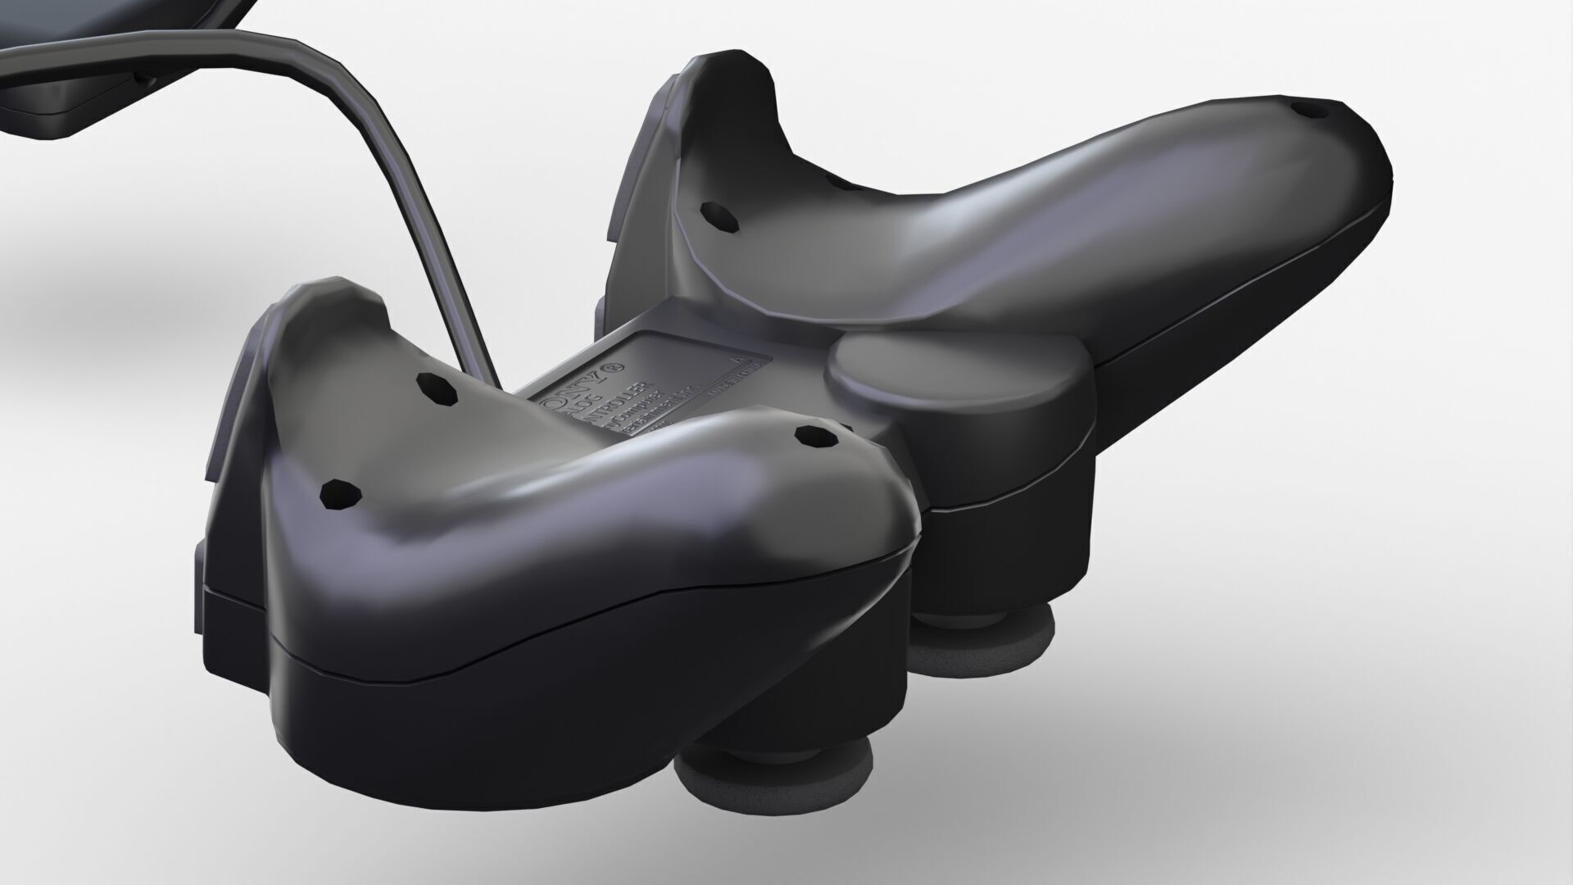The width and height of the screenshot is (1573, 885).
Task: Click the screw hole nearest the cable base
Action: click(x=437, y=388)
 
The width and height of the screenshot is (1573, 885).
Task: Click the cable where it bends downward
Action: click(x=352, y=90)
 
